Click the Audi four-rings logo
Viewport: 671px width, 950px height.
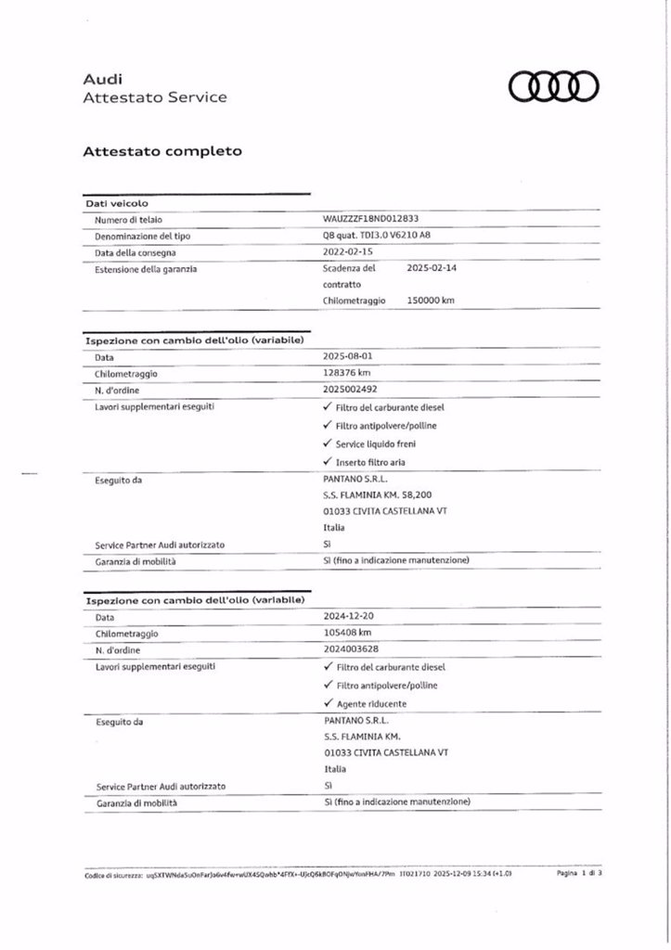554,86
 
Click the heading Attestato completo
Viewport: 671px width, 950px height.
162,149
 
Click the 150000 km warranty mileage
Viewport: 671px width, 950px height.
431,301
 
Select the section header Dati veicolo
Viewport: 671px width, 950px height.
117,203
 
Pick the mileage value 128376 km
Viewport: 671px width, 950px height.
346,373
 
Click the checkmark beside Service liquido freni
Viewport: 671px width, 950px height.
327,443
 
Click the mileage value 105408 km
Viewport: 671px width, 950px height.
347,633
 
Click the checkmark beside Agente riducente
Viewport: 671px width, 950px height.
328,703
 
